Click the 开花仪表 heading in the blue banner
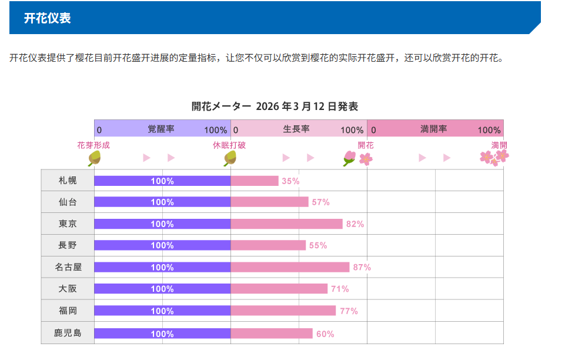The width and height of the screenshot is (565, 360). [x=47, y=18]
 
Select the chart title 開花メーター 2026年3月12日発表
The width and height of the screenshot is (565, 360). [x=275, y=106]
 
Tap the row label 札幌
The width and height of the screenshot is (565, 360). [x=68, y=181]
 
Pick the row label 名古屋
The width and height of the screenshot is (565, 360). [x=68, y=267]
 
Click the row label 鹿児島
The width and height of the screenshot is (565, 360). [x=68, y=333]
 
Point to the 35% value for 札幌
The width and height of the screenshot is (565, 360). [x=290, y=181]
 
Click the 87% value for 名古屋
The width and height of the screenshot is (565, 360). [x=362, y=268]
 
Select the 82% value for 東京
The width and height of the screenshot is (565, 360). [x=355, y=224]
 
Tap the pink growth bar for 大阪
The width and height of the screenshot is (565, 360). [x=279, y=289]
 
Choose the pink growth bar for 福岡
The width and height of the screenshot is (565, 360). [x=283, y=311]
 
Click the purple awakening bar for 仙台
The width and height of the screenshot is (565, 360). [x=162, y=202]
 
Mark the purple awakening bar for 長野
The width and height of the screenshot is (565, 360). [x=162, y=245]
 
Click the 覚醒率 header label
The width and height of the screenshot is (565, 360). [x=161, y=129]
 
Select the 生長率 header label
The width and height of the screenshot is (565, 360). [x=296, y=129]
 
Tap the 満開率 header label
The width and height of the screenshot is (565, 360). [x=434, y=129]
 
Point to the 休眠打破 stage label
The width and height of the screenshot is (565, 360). [x=229, y=145]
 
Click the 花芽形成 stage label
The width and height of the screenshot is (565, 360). [x=93, y=145]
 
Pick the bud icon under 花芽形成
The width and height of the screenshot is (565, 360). [x=94, y=158]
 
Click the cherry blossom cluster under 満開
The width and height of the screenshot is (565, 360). [x=494, y=157]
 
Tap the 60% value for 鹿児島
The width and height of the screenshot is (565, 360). [x=325, y=334]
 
